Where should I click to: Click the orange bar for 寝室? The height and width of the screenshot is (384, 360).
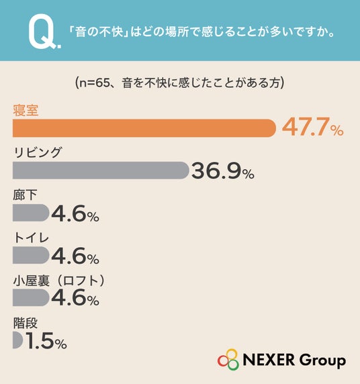(144, 128)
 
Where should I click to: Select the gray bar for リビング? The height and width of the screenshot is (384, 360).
(101, 171)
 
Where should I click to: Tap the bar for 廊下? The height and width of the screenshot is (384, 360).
(31, 213)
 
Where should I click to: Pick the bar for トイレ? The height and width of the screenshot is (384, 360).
(31, 255)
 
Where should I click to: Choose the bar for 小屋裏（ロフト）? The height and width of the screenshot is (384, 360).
(31, 297)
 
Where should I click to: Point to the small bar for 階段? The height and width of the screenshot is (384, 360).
(17, 340)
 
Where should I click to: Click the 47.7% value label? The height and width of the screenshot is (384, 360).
(313, 127)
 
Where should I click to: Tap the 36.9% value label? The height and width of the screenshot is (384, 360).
(222, 171)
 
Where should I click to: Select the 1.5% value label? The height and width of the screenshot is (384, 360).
(46, 340)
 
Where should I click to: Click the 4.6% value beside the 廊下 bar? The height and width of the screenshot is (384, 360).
(75, 213)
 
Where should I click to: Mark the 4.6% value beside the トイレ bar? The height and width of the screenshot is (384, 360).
(75, 256)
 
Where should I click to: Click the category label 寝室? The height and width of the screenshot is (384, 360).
(26, 111)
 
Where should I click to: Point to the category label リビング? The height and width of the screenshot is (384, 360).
(38, 152)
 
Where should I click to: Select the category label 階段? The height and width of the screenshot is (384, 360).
(26, 323)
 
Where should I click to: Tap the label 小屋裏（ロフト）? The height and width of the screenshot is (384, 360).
(59, 281)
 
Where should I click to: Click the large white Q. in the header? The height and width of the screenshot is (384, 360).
(44, 32)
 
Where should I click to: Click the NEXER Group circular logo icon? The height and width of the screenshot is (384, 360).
(228, 359)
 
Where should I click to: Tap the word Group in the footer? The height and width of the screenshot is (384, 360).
(322, 361)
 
